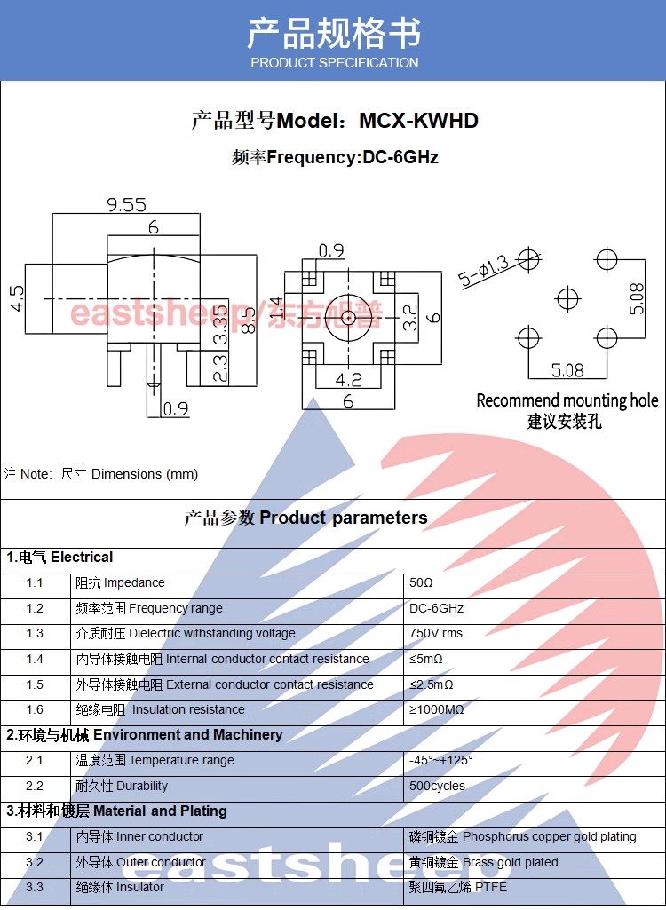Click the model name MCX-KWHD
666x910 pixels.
(418, 121)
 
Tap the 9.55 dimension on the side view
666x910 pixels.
(126, 205)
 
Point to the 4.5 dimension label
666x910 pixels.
(17, 298)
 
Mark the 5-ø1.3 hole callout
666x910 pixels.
(484, 272)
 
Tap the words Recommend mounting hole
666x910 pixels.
(567, 400)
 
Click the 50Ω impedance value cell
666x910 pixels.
(421, 583)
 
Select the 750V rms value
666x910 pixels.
(436, 634)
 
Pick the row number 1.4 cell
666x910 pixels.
(35, 659)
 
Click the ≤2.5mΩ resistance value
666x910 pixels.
(432, 684)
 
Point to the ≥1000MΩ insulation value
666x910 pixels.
(437, 709)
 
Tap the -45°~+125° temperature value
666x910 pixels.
(441, 760)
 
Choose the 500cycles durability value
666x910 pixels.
(437, 786)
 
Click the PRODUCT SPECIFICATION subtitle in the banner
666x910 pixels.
(334, 63)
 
